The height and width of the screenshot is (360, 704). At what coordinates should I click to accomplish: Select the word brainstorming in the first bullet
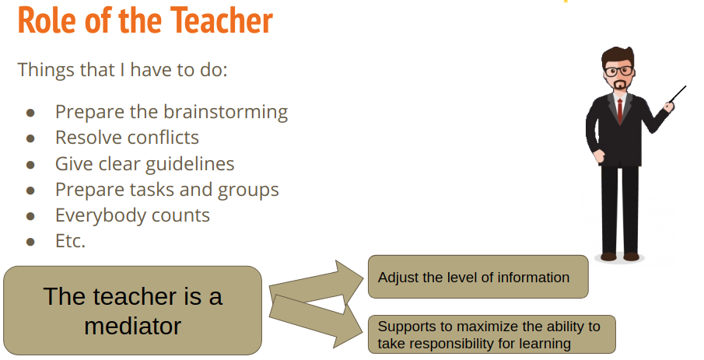pyautogui.click(x=226, y=112)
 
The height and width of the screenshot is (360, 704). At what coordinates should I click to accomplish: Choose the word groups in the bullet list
pyautogui.click(x=248, y=190)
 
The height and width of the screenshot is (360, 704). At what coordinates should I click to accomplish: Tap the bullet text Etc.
pyautogui.click(x=70, y=241)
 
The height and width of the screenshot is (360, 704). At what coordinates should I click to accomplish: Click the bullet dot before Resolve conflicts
pyautogui.click(x=30, y=138)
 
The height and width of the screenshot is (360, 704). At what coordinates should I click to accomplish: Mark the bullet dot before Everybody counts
pyautogui.click(x=30, y=217)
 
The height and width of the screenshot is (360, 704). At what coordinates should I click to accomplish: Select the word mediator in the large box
pyautogui.click(x=132, y=326)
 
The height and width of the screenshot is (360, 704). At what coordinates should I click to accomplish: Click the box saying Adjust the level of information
pyautogui.click(x=478, y=277)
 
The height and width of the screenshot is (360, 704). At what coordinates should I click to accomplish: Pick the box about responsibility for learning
pyautogui.click(x=492, y=334)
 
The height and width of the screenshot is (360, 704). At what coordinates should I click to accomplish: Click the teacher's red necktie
pyautogui.click(x=620, y=110)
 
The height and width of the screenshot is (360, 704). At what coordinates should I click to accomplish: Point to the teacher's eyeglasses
pyautogui.click(x=618, y=71)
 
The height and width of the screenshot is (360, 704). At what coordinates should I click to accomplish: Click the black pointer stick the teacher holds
pyautogui.click(x=677, y=95)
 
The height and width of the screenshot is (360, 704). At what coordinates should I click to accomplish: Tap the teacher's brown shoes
pyautogui.click(x=619, y=257)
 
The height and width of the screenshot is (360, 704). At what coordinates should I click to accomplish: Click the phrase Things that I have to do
pyautogui.click(x=123, y=70)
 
